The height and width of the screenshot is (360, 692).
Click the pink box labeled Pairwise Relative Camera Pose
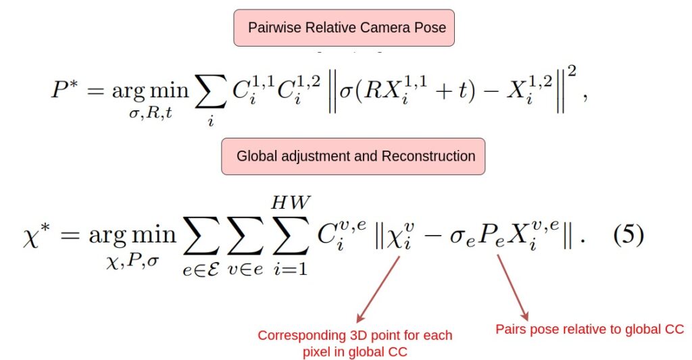click(x=344, y=28)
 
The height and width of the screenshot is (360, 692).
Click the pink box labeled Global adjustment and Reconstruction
click(x=353, y=157)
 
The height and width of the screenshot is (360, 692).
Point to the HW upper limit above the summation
click(x=289, y=202)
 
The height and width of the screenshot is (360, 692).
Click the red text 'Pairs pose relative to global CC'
click(x=590, y=329)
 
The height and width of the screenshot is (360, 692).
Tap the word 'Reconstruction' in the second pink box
click(x=428, y=157)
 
